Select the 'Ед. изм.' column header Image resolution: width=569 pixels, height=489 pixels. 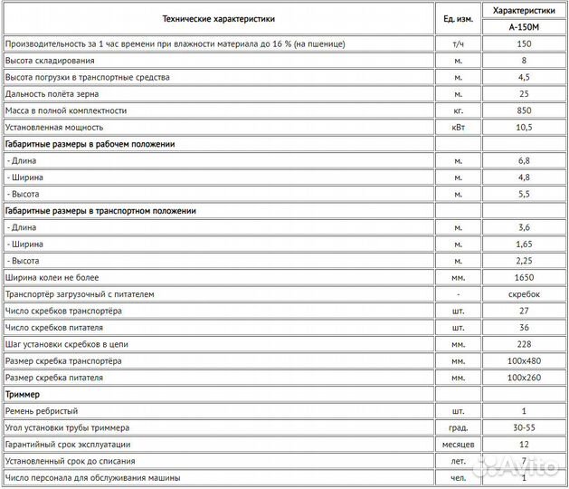click(458, 18)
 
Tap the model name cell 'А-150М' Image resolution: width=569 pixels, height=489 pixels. click(524, 27)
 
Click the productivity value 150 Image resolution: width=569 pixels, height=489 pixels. click(524, 43)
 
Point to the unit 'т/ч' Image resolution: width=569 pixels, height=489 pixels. click(458, 43)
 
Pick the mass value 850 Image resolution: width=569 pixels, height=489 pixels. click(524, 110)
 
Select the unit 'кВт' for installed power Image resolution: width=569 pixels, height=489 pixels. click(458, 128)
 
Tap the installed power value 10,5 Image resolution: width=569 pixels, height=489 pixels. click(524, 128)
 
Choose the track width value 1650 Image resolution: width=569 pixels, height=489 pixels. click(524, 277)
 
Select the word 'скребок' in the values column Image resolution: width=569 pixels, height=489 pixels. click(524, 294)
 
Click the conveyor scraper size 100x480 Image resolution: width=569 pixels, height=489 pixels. click(524, 361)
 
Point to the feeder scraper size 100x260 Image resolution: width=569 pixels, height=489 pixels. click(524, 378)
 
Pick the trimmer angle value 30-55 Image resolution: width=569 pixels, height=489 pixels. click(524, 427)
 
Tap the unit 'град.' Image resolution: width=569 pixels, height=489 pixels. click(458, 427)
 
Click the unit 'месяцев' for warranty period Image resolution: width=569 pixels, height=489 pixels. click(458, 445)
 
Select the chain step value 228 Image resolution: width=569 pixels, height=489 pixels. click(524, 344)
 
